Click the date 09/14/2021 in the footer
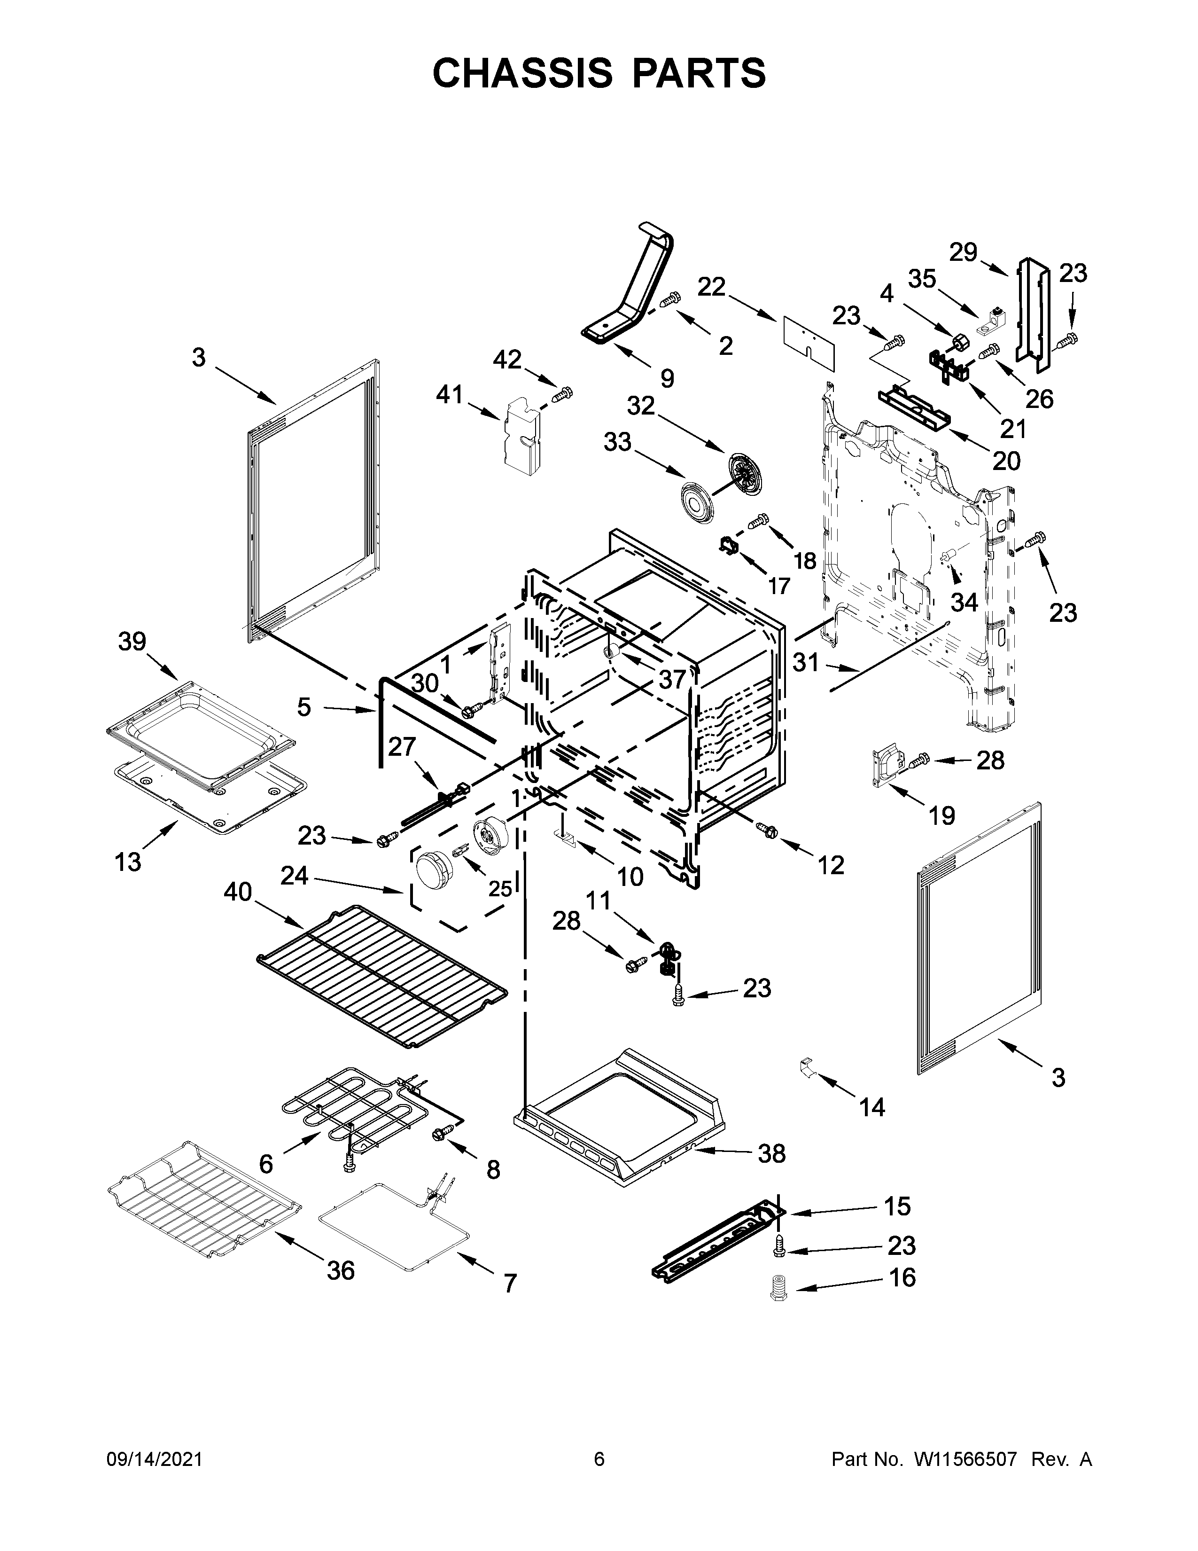(154, 1459)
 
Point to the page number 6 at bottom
(599, 1459)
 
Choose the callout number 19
(942, 816)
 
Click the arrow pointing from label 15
(830, 1211)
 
